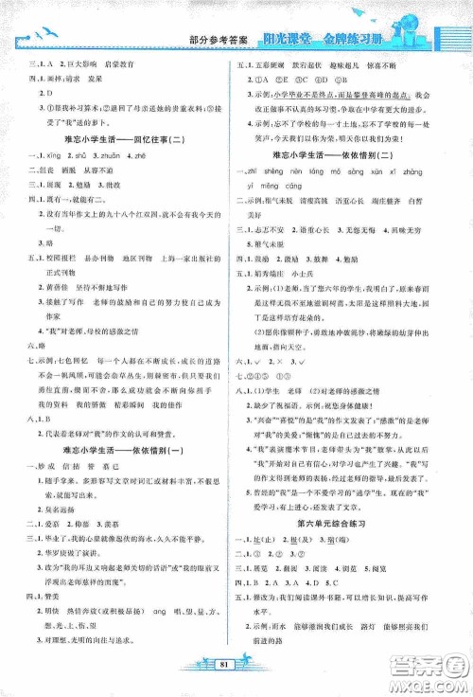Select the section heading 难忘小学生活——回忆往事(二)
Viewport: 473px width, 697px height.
122,138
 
